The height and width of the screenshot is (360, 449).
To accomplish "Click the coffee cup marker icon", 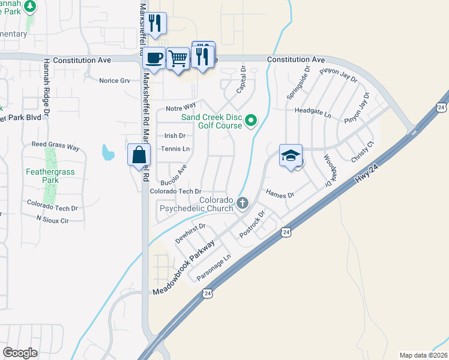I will point(155,58).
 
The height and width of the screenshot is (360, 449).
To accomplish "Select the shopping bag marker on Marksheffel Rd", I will point(139,154).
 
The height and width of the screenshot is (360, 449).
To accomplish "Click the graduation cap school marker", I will point(291,155).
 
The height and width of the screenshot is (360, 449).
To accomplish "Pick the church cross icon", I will point(243,203).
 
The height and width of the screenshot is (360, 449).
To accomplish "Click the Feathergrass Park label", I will point(34,175).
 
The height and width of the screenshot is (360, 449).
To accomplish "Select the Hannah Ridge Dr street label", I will point(46,86).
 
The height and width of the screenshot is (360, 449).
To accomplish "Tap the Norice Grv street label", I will point(114,80).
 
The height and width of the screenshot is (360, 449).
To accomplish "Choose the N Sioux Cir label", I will point(52,220).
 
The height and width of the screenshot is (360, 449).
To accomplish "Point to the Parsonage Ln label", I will point(214,267).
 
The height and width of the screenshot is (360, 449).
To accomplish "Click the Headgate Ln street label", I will point(313,112).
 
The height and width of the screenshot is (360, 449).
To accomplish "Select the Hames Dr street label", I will point(280,194).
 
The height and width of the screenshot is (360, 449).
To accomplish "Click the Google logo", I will point(20,353).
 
